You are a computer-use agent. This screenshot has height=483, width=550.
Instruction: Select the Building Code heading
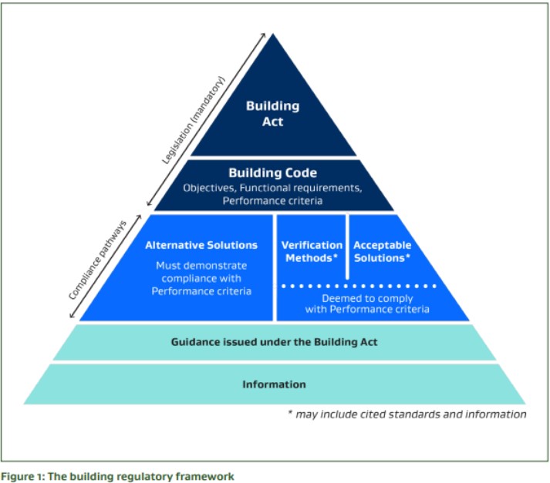pos(272,173)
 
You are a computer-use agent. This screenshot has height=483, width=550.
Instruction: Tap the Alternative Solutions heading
pos(201,245)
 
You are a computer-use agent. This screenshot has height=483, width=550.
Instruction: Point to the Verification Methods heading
pos(312,251)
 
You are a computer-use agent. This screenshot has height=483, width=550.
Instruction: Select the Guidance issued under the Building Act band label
pos(274,341)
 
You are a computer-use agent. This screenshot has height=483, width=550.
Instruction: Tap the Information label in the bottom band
pos(274,384)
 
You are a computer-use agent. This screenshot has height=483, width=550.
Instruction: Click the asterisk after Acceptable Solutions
pos(407,257)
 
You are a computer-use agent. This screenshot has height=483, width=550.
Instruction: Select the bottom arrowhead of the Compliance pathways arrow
pos(73,316)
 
